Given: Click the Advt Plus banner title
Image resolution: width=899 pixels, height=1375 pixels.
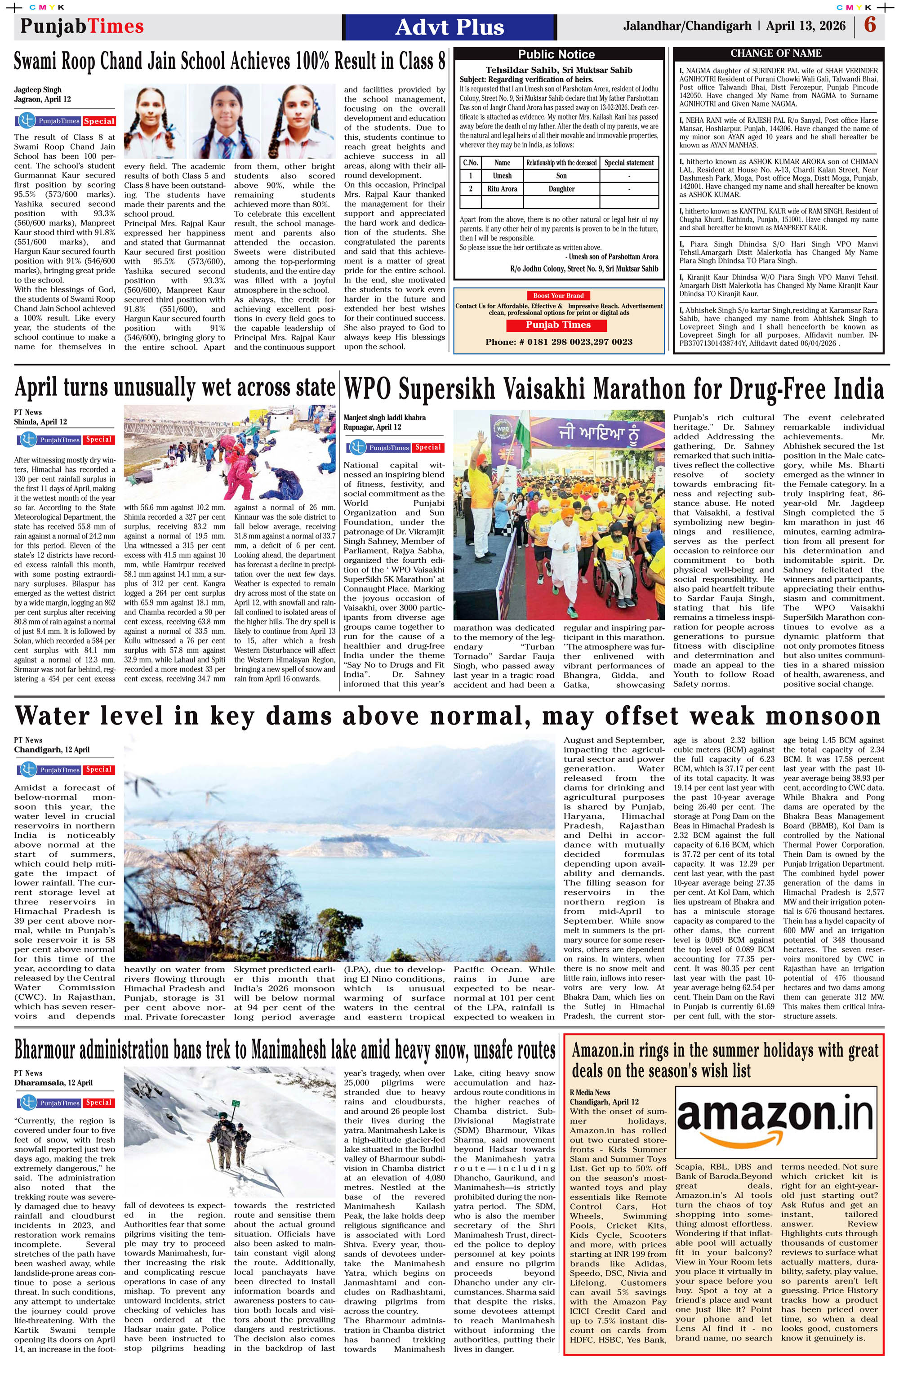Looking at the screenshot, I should coord(449,27).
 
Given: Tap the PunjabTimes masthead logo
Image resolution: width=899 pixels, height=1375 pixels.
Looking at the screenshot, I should coord(81,27).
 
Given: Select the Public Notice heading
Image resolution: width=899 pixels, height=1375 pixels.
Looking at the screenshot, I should coord(556,54).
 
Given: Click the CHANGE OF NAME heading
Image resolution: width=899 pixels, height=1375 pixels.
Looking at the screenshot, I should coord(775,53).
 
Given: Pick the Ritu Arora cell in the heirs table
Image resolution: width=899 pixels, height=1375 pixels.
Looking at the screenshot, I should coord(502,189).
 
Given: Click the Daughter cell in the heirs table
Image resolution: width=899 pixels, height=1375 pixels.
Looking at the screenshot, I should coord(561,189).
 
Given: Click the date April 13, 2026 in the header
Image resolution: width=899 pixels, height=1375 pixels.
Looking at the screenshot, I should coord(806,26).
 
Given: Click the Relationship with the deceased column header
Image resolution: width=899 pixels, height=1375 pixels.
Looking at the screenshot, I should coord(561,163).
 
